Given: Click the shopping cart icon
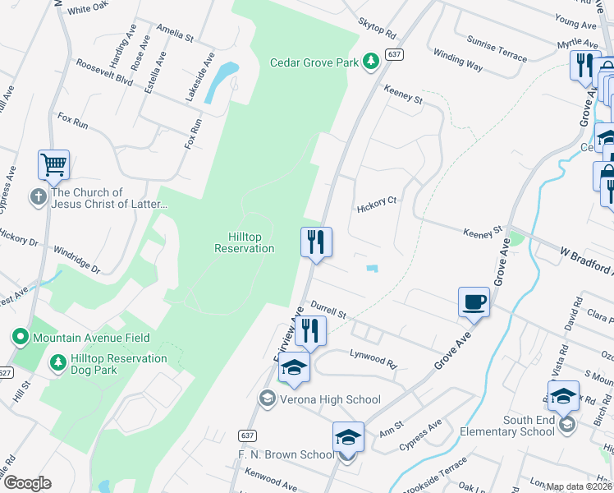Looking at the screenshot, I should (53, 164).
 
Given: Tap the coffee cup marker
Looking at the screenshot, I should (474, 302).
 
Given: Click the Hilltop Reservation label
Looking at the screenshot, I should (244, 242).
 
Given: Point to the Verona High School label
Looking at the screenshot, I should (328, 399).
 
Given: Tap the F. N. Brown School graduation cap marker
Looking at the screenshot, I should (348, 437).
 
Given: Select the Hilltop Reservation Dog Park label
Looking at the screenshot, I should (118, 364).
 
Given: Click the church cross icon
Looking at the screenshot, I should (39, 197).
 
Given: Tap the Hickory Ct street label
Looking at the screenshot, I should (377, 209).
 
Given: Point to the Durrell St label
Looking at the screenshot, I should (329, 314).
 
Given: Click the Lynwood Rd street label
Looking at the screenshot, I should (373, 359).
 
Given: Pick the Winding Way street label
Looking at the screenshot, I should (457, 60).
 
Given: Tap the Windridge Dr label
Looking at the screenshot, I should (76, 259).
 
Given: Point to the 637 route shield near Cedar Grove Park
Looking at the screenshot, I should (395, 54).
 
